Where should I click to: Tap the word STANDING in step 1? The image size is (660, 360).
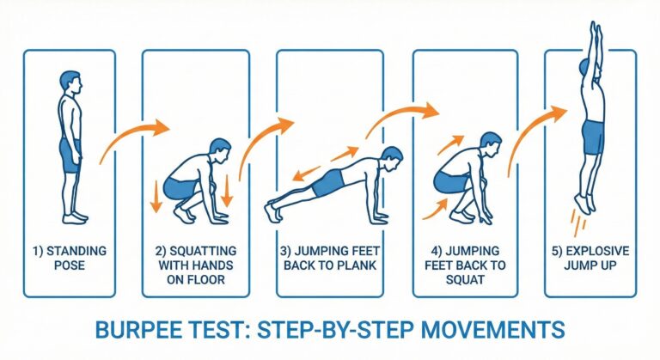[76, 251]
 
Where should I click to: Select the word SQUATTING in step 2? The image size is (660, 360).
[203, 251]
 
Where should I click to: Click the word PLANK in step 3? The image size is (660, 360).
[353, 265]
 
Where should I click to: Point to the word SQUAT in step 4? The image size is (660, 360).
[465, 279]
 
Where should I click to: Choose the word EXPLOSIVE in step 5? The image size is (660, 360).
[597, 251]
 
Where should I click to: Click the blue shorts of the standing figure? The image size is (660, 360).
[70, 156]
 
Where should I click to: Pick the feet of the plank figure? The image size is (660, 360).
[272, 211]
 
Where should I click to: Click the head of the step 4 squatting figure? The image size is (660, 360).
[491, 144]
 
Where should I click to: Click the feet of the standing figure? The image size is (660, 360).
[75, 218]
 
